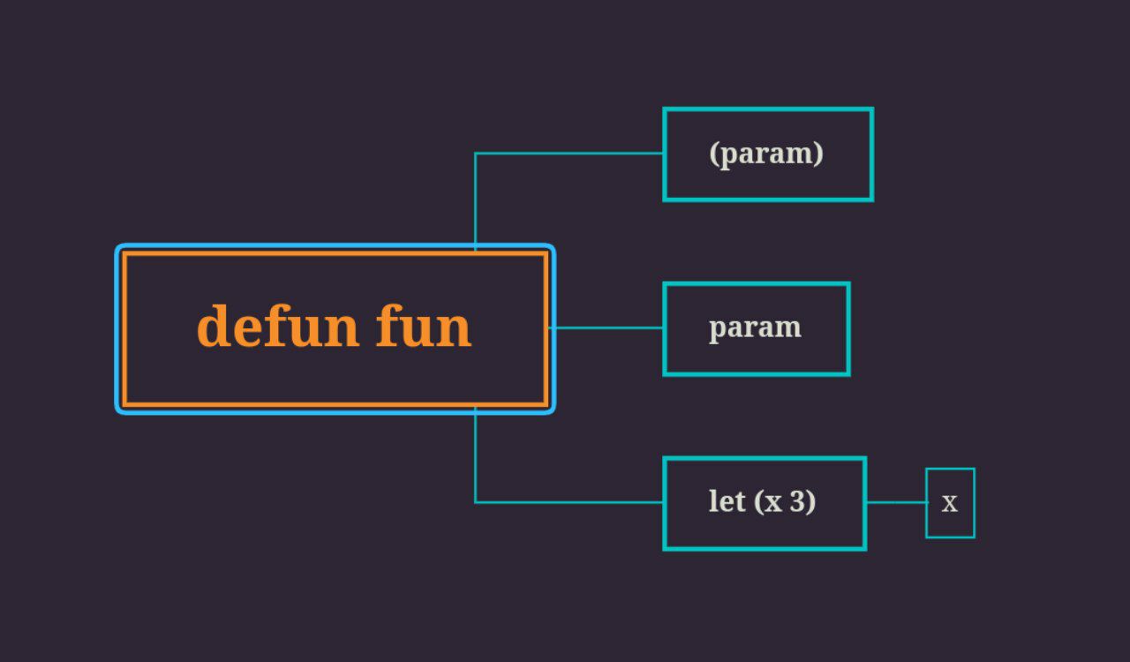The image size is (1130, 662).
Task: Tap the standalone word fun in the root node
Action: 424,327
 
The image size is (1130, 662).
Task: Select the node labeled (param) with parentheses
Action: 767,154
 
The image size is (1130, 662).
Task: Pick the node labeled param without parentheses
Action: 756,328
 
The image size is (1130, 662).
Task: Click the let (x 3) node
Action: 764,503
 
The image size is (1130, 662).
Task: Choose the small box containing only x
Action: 950,503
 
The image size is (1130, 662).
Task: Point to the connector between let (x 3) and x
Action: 896,502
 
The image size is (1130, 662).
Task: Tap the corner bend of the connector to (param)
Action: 476,154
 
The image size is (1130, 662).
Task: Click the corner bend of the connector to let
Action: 476,502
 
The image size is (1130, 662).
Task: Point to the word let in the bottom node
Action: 727,501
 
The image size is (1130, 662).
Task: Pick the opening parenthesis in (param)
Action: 714,154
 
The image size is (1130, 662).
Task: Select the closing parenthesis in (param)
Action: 818,154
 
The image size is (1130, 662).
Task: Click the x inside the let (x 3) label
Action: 773,503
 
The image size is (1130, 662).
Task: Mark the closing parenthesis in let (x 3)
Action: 811,502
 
